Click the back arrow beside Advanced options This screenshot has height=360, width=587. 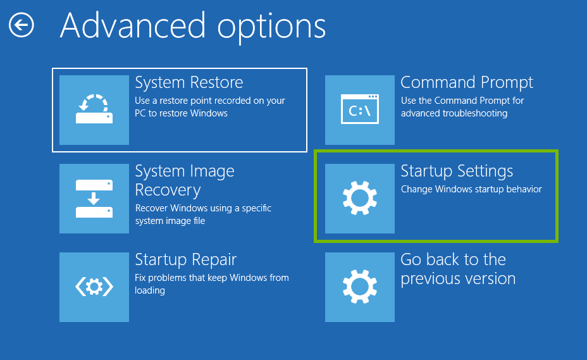[x=22, y=25]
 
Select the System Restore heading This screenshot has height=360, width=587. [x=188, y=83]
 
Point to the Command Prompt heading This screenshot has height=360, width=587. [x=466, y=83]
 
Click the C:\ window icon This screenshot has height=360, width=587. [x=359, y=110]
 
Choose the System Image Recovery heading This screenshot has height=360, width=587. [x=185, y=180]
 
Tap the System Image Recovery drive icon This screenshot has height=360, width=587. [x=94, y=199]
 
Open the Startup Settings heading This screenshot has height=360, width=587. [x=457, y=171]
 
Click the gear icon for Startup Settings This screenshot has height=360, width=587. [x=359, y=199]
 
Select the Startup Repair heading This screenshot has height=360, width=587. [x=185, y=260]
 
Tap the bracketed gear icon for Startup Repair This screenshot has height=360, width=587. [x=94, y=287]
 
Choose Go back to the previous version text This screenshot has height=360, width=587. [x=458, y=269]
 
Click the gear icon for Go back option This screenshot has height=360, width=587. [x=359, y=287]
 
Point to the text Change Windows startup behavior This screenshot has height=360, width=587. [x=471, y=189]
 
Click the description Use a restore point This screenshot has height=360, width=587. [x=209, y=101]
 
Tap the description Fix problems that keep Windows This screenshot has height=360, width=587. [x=211, y=278]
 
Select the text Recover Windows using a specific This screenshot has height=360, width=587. [x=203, y=208]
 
